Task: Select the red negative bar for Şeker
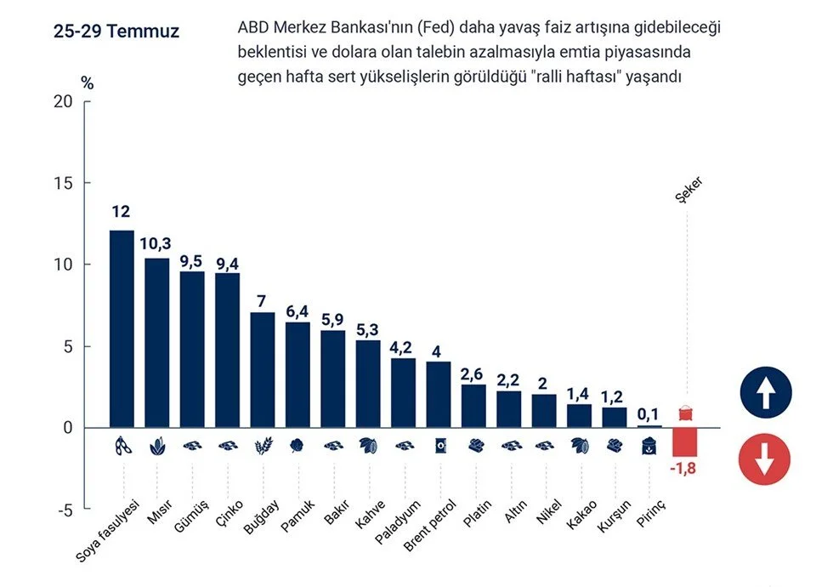(x=684, y=442)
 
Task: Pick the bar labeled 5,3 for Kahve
(x=368, y=384)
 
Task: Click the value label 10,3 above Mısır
(x=156, y=243)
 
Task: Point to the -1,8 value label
(x=685, y=468)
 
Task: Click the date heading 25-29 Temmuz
(x=116, y=32)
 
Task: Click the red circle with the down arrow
(x=765, y=459)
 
